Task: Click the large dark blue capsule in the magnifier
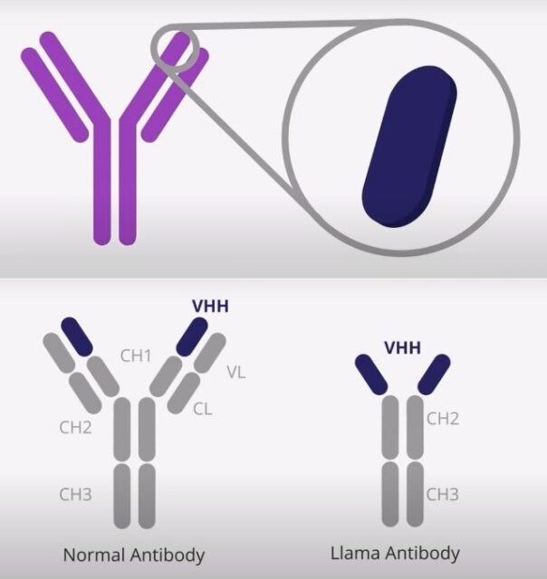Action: tap(409, 147)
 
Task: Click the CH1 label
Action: tap(136, 356)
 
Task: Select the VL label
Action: tap(236, 372)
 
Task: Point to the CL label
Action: tap(203, 409)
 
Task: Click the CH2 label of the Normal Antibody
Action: tap(75, 427)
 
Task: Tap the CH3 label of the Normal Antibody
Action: tap(75, 494)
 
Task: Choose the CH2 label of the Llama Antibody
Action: tap(443, 419)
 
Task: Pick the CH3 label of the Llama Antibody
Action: tap(443, 494)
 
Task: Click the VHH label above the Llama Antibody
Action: tap(402, 347)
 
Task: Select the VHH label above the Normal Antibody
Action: tap(210, 306)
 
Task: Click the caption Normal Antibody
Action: tap(134, 555)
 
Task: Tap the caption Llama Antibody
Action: tap(395, 554)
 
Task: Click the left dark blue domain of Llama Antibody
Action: tap(371, 375)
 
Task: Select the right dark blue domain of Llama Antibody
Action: tap(434, 375)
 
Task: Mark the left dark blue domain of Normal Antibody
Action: tap(76, 337)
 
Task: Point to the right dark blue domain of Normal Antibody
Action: tap(192, 337)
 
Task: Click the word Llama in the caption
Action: tap(355, 553)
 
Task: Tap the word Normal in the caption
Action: tap(94, 555)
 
